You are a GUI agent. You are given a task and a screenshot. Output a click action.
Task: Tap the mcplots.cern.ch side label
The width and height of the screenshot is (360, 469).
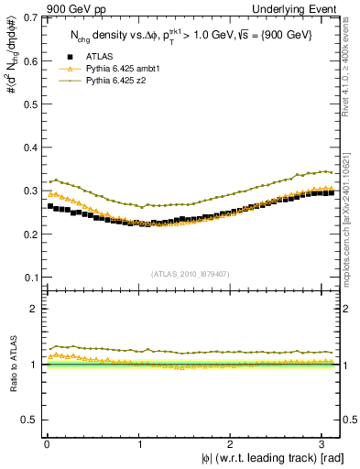coord(352,197)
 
